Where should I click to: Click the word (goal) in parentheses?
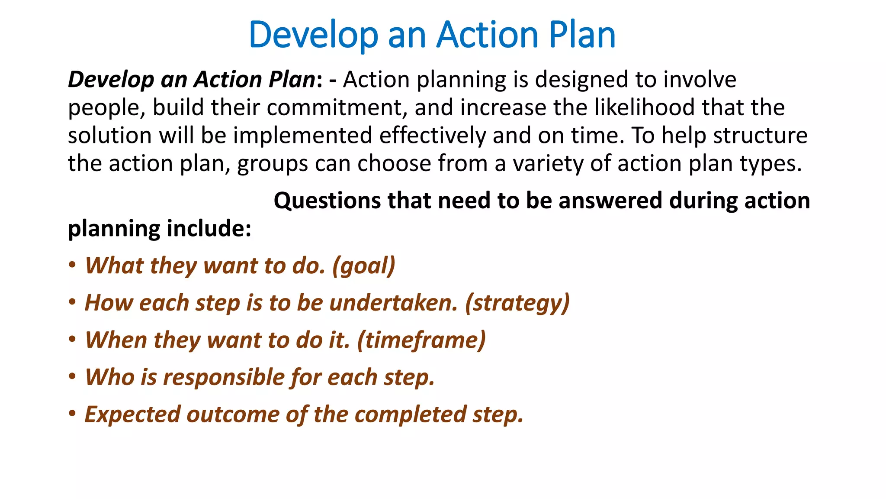click(363, 266)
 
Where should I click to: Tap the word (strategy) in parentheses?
click(517, 303)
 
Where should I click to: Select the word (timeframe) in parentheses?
click(421, 340)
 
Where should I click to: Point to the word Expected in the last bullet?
click(132, 415)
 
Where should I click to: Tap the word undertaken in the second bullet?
click(393, 303)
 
